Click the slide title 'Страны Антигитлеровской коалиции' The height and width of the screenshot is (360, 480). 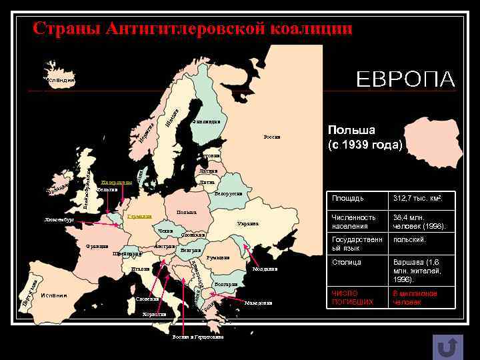[193, 29]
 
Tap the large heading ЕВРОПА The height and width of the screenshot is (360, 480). [406, 79]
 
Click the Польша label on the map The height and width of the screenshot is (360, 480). [186, 213]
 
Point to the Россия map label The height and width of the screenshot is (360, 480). [272, 137]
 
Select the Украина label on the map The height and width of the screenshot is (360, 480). [247, 224]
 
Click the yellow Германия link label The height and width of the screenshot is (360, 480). [139, 217]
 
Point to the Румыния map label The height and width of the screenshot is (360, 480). [218, 257]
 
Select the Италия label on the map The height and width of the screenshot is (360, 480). [140, 269]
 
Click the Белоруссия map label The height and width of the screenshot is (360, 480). [227, 194]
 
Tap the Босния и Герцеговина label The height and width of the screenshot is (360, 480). [197, 337]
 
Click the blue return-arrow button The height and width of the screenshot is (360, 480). [448, 347]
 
